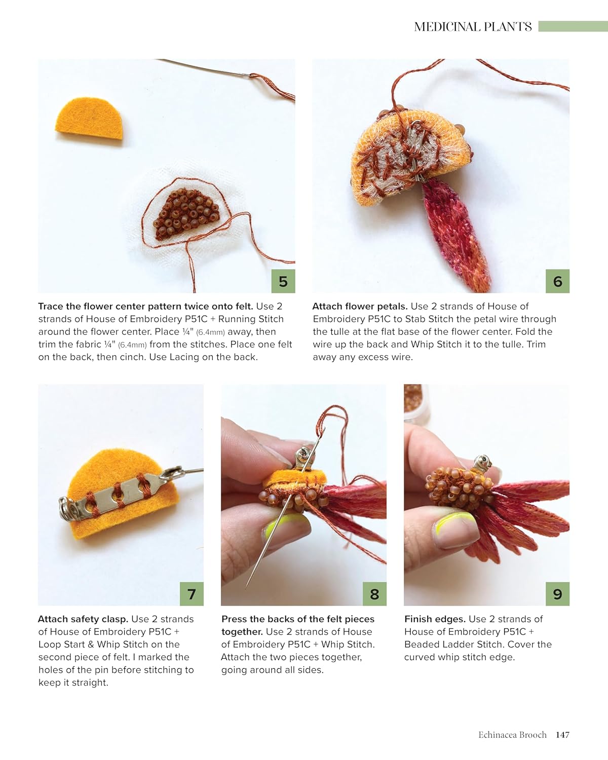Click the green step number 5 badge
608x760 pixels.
pos(283,281)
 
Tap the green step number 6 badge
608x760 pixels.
pos(557,281)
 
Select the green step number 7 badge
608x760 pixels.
pos(192,594)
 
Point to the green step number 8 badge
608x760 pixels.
pos(374,594)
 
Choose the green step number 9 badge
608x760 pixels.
pos(557,594)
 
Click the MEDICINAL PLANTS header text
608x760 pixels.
pos(473,27)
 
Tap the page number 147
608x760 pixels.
pos(562,735)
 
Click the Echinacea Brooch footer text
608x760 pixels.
pos(512,735)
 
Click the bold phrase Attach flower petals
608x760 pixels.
pos(360,307)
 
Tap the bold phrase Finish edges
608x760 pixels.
pos(435,619)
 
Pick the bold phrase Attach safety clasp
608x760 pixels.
pos(83,619)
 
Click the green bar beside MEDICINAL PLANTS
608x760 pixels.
pos(573,26)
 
